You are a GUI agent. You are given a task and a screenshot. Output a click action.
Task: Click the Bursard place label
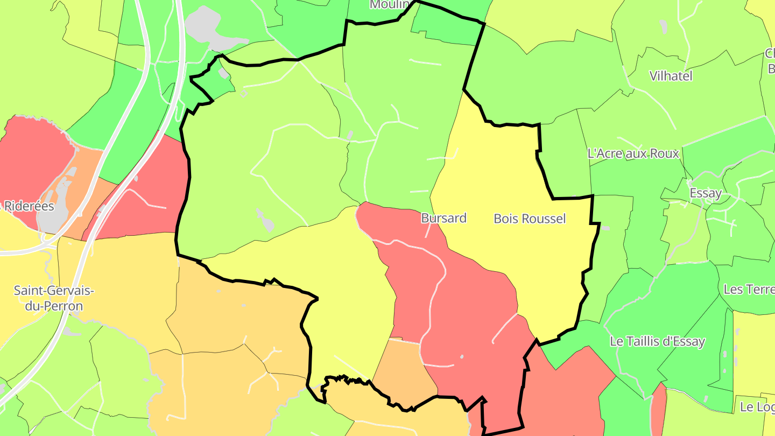coord(443,218)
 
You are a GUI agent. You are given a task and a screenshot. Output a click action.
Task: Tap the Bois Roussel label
coord(530,219)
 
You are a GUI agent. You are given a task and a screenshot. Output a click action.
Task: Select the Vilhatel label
coord(671,76)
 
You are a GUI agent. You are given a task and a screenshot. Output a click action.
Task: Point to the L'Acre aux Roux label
coord(633,153)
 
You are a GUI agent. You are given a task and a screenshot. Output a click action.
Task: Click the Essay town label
coord(706,193)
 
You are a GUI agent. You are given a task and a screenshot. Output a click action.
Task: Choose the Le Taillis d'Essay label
coord(657,341)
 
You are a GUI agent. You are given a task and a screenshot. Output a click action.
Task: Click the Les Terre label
coord(749,289)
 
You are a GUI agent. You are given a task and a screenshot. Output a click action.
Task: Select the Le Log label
coord(757,406)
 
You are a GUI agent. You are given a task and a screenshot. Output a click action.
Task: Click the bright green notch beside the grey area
coord(215,81)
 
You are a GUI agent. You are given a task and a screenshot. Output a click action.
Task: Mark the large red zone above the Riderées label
coord(32,156)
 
